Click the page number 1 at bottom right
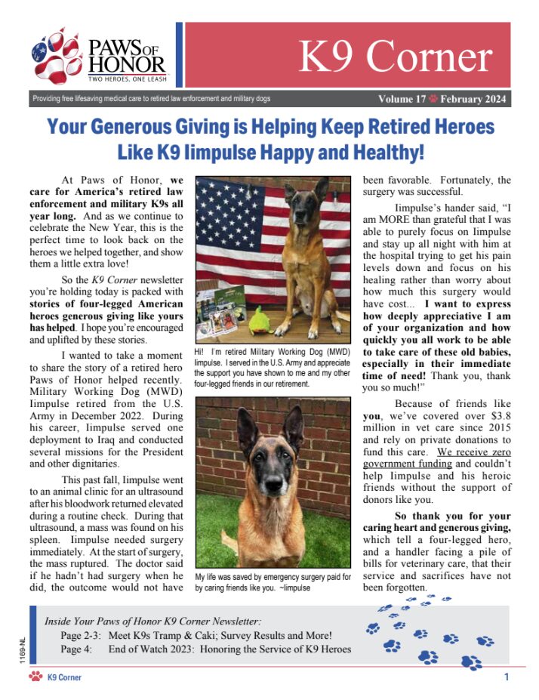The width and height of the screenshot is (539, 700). coord(506,677)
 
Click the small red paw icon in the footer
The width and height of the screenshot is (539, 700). coord(35,677)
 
